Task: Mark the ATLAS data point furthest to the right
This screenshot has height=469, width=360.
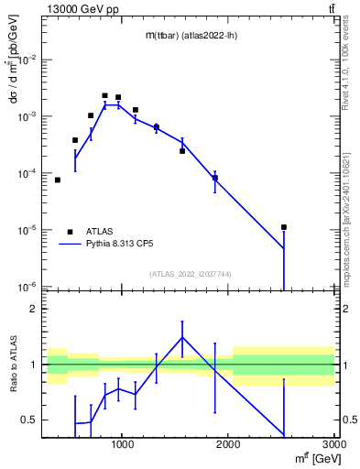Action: pos(284,227)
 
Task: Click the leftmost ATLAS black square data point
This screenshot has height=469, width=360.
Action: pos(58,180)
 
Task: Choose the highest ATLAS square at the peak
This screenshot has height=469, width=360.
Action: pos(105,95)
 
